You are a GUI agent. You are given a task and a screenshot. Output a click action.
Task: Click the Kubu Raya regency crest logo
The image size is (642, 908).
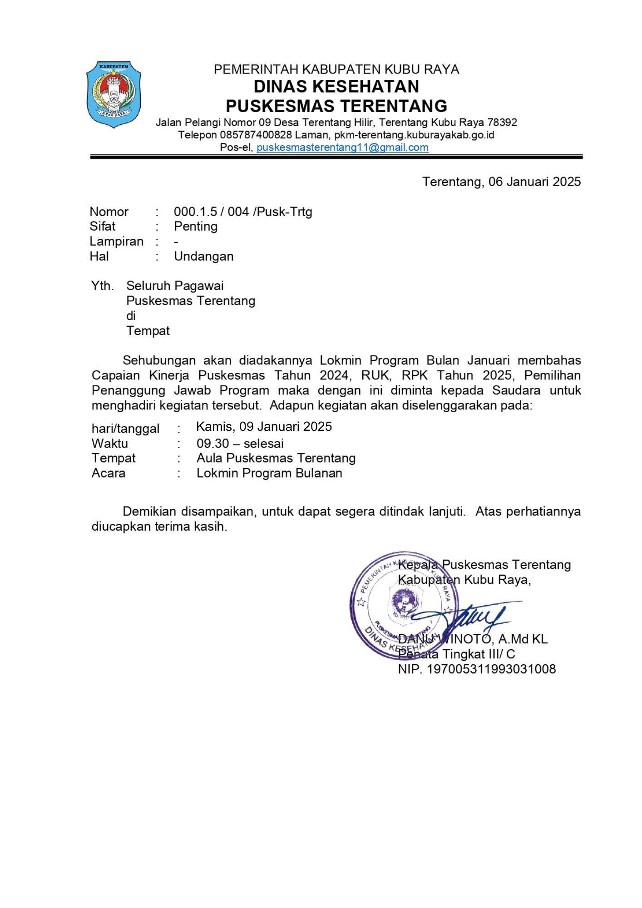click(x=114, y=94)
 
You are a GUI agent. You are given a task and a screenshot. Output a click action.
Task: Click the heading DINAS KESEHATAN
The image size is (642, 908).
click(x=336, y=86)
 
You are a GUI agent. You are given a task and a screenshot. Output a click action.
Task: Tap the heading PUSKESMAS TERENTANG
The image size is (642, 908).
click(x=336, y=106)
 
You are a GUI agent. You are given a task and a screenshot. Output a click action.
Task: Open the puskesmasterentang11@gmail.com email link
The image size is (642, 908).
click(x=342, y=147)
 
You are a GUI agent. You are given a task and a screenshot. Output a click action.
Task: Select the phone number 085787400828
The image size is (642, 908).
click(x=256, y=135)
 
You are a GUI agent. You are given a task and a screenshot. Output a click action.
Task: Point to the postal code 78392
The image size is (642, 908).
click(x=502, y=123)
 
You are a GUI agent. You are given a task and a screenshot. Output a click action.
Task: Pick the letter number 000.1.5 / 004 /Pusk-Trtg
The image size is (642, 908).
click(x=243, y=212)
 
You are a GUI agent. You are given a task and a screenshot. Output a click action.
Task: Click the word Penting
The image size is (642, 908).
click(x=196, y=226)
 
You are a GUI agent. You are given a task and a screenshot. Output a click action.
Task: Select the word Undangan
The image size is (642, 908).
click(x=203, y=256)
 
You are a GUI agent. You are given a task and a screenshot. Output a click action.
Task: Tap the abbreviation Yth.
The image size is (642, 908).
click(x=102, y=286)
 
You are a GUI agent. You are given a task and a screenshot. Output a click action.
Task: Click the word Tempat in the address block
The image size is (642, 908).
click(x=148, y=331)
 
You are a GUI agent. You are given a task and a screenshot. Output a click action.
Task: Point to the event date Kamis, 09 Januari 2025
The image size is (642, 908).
click(x=264, y=426)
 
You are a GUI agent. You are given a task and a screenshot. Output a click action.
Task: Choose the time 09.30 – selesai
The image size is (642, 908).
click(x=240, y=443)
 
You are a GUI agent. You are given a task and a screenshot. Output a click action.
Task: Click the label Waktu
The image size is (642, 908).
click(x=110, y=443)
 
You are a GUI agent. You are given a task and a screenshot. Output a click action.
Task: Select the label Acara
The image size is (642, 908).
click(x=109, y=473)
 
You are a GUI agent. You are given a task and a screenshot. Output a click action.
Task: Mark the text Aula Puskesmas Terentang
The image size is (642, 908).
click(x=276, y=458)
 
